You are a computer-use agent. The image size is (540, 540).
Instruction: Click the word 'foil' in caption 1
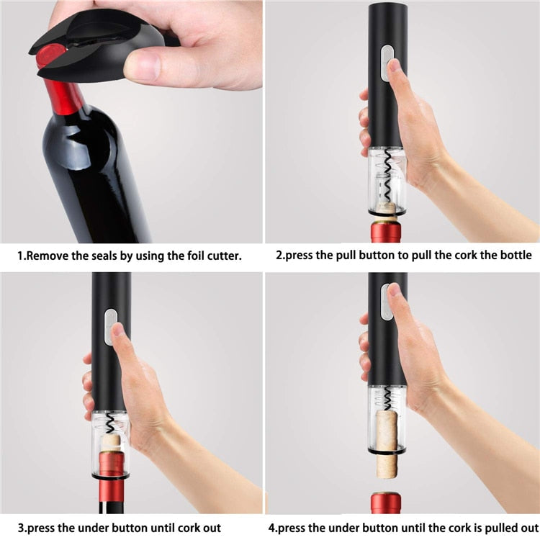[x=190, y=255]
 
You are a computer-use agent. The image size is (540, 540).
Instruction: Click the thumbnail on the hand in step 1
[x=144, y=68]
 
